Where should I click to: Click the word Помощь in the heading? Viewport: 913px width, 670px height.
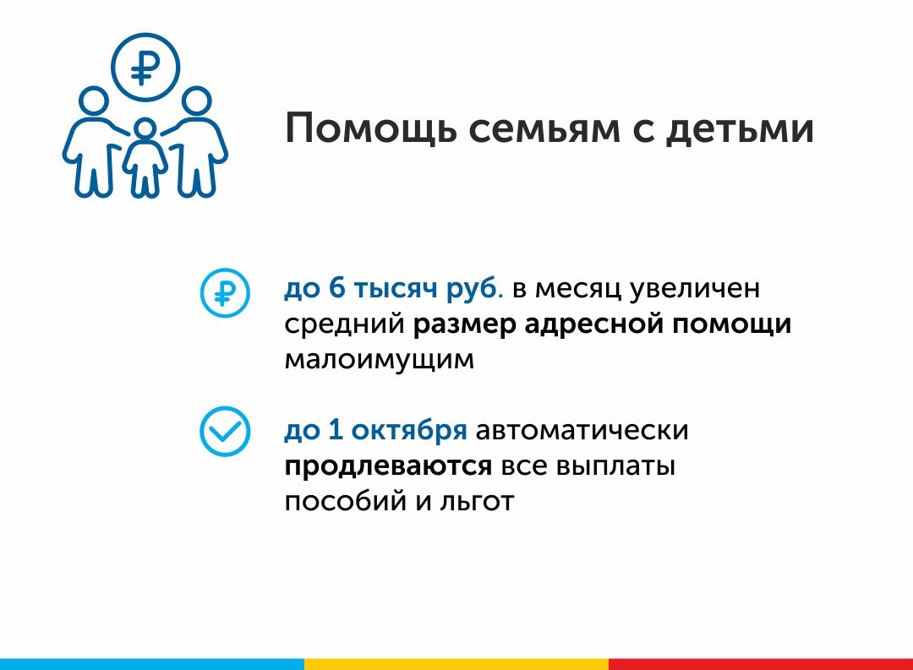point(370,128)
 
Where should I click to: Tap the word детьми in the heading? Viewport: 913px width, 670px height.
point(740,128)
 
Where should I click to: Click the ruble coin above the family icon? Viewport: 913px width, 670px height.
point(145,67)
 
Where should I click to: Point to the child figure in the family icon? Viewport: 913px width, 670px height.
point(145,157)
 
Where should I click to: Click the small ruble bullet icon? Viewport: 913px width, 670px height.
point(225,292)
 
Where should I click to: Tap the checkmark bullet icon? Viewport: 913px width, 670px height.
point(225,431)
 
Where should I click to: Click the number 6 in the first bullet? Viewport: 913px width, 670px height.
point(337,287)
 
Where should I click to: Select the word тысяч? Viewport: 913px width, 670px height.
point(396,289)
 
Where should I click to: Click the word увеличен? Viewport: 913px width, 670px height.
point(695,289)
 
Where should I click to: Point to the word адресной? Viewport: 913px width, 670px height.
point(594,324)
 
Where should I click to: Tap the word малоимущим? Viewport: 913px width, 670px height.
point(379,360)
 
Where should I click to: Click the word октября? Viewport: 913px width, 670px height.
point(409,430)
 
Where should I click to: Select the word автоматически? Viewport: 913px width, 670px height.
point(582,431)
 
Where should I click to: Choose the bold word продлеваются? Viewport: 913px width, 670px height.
point(388,467)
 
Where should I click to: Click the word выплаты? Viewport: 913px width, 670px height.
point(616,467)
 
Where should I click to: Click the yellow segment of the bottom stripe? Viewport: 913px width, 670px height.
point(456,664)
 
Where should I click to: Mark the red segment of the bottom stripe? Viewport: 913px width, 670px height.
point(761,664)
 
